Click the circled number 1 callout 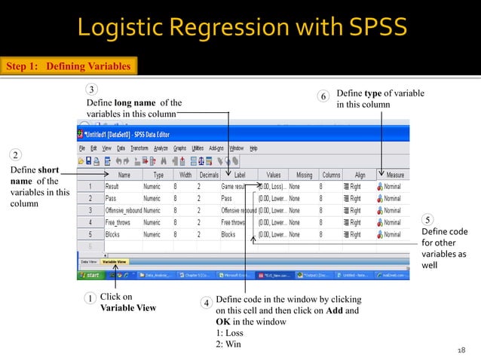coord(90,299)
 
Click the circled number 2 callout coord(15,155)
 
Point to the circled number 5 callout coord(427,219)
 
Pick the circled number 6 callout coord(323,97)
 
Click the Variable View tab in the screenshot coord(115,261)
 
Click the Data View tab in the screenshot coord(89,261)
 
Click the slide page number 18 coord(461,349)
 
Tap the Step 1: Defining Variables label coord(69,66)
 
